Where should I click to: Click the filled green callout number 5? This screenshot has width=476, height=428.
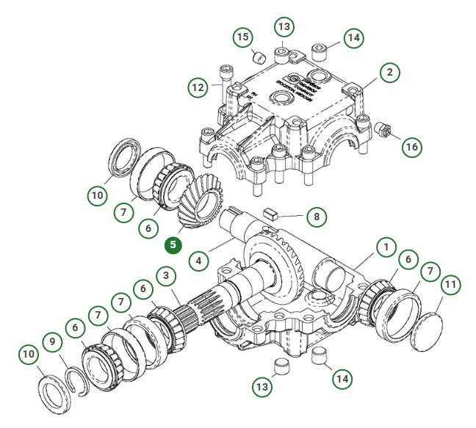coord(173,244)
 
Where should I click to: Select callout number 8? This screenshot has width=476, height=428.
coord(316,217)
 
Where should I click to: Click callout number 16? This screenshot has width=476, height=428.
coord(413,146)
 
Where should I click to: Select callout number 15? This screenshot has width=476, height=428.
coord(242,36)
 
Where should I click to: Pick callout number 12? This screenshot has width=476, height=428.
coord(197,88)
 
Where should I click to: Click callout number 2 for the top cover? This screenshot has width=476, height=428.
coord(390,73)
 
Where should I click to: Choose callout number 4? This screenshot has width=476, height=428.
coord(197,260)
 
